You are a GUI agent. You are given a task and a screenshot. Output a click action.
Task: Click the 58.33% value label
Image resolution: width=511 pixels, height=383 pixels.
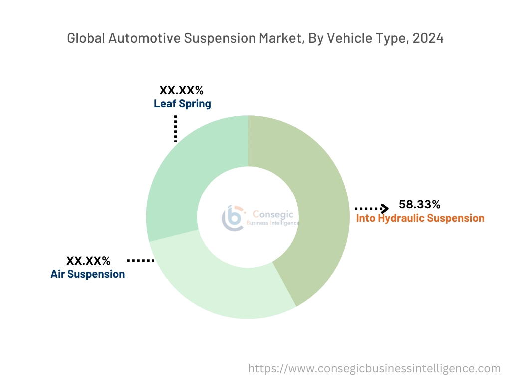click(419, 204)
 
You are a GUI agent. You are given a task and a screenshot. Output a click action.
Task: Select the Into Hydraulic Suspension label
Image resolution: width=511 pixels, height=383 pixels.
click(420, 218)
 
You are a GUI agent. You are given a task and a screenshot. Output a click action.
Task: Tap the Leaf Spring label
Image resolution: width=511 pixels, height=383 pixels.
click(182, 104)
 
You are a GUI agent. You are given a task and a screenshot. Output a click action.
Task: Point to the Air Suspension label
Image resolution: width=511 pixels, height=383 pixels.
click(88, 274)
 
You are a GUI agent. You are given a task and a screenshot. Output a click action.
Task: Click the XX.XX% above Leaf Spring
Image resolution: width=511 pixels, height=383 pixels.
click(181, 90)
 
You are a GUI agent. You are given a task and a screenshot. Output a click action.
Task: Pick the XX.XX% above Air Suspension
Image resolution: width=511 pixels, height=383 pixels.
click(88, 260)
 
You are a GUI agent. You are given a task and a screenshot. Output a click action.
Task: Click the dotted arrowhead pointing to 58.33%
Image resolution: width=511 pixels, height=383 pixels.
click(384, 208)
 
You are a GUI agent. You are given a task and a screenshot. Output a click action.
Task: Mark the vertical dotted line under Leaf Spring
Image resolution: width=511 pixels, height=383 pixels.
click(176, 129)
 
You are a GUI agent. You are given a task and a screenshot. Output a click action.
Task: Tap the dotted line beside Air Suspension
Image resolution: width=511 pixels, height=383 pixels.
click(141, 260)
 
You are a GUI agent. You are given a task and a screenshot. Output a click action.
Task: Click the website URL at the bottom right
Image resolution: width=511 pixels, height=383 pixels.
click(374, 369)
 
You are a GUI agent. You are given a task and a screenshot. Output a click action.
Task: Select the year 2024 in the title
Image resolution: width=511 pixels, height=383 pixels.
click(428, 38)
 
